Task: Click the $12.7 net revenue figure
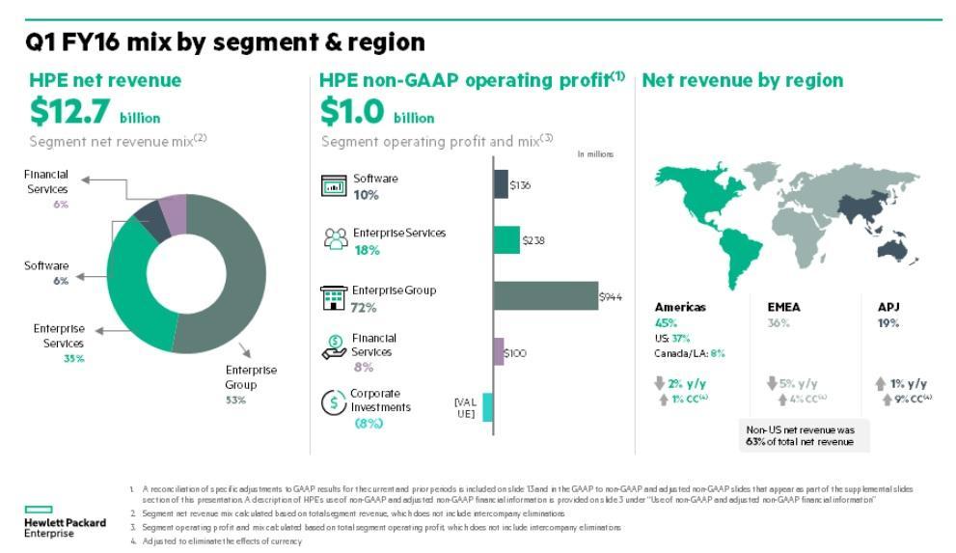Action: point(69,112)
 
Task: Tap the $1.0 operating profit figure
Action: point(354,112)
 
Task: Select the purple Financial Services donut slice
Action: point(174,214)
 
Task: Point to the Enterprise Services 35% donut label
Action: point(59,344)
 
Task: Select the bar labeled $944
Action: point(545,295)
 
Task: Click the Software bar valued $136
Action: point(500,184)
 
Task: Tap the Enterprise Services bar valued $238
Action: point(506,240)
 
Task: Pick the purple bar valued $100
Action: point(499,351)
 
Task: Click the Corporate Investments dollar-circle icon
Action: point(333,403)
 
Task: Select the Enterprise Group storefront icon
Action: point(334,298)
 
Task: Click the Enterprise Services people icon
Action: point(335,238)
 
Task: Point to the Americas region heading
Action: point(680,307)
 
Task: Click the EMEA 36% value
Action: point(778,323)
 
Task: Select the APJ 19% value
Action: point(888,323)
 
